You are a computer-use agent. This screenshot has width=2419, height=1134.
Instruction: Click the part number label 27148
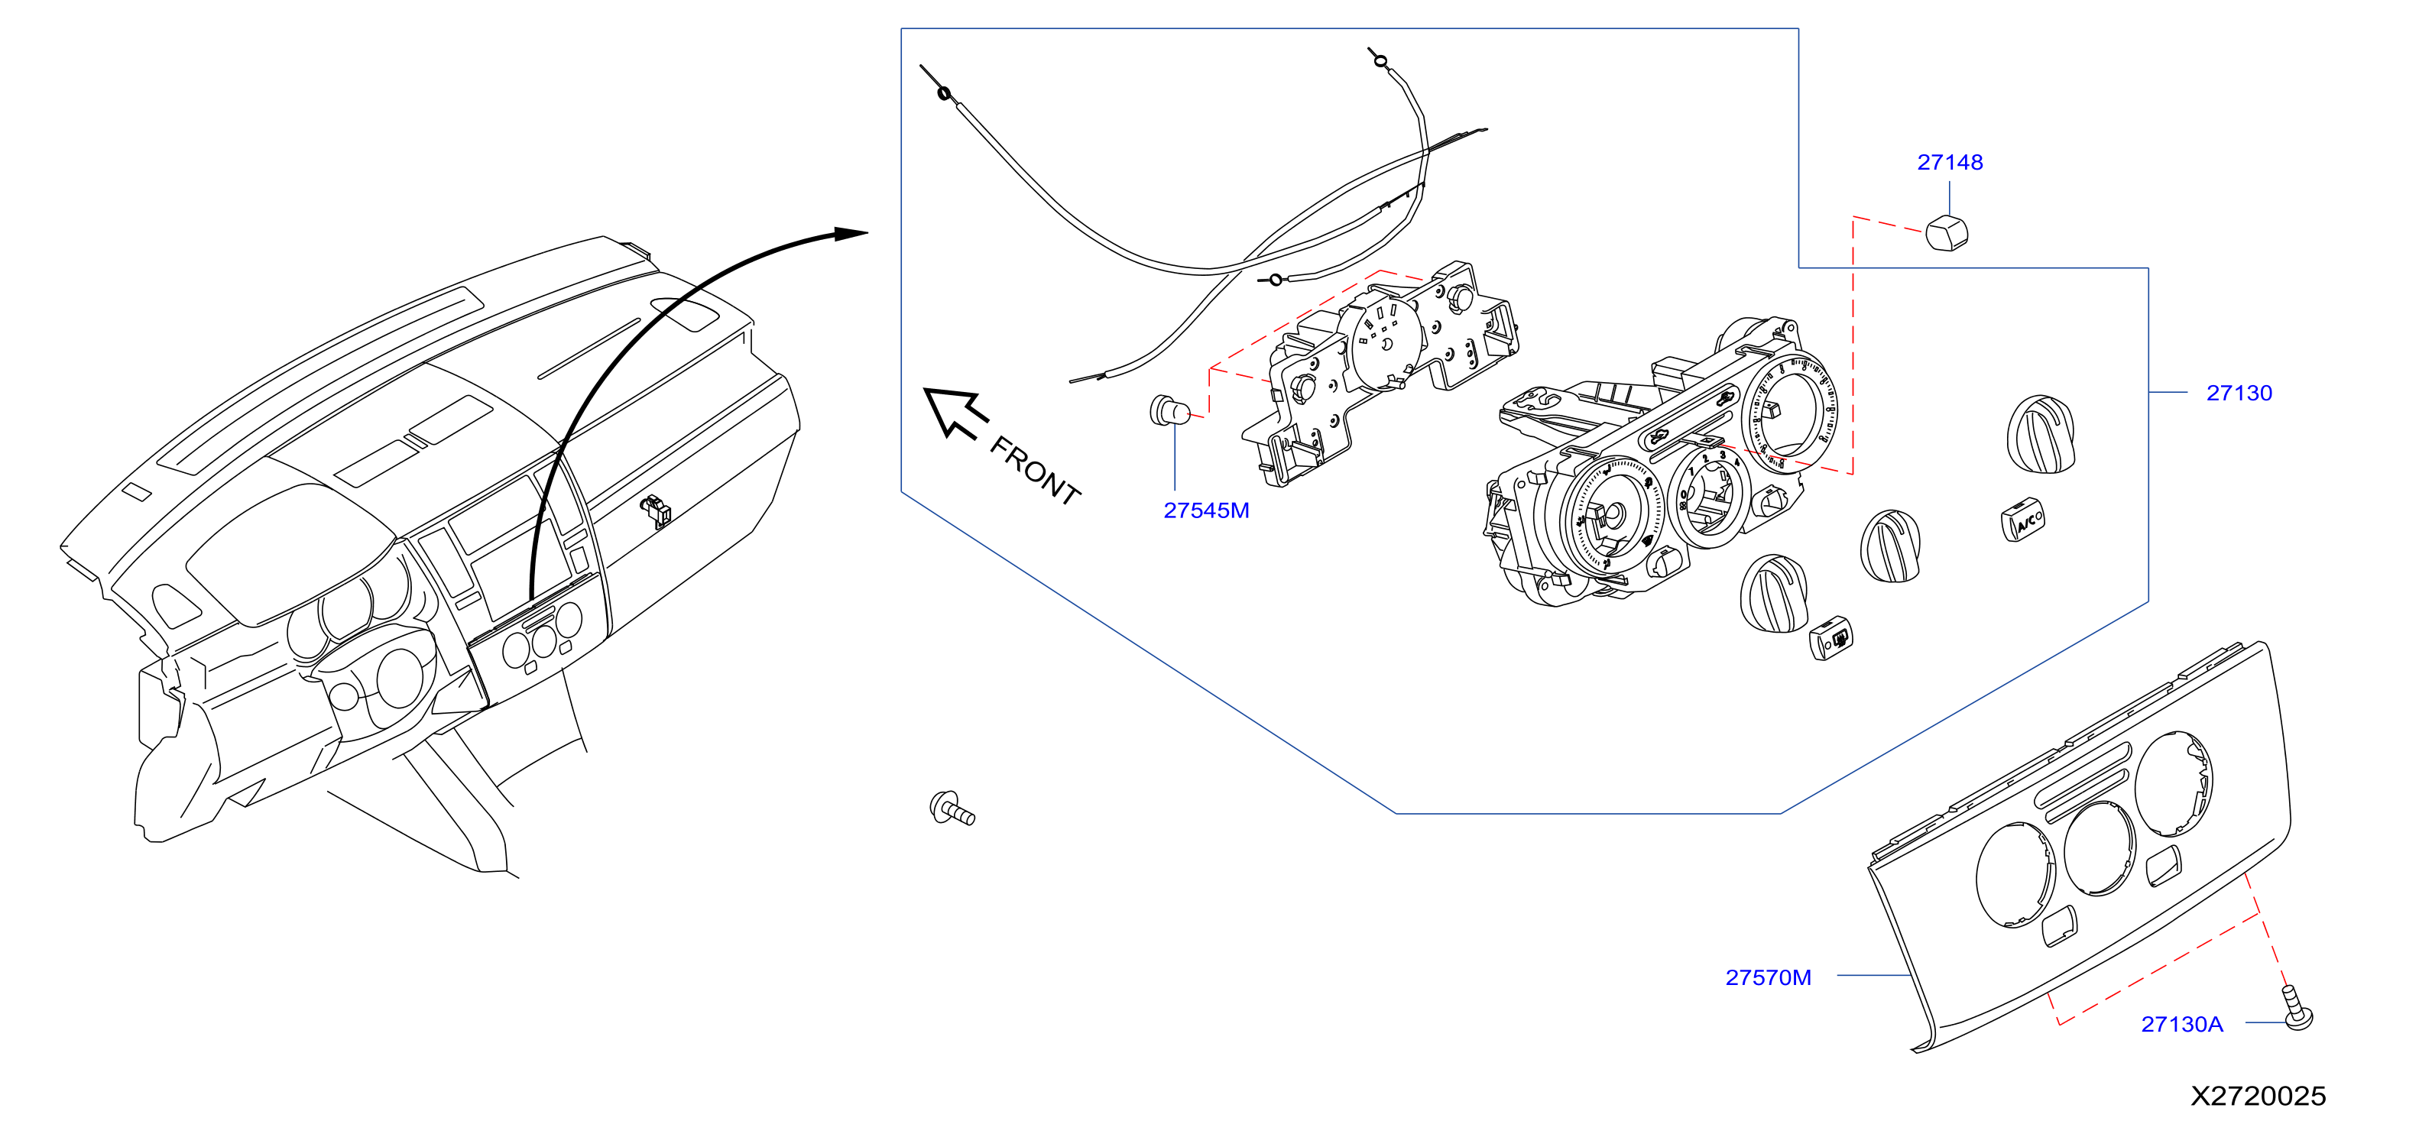coord(1950,163)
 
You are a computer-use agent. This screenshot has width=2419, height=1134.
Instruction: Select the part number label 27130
coord(2239,394)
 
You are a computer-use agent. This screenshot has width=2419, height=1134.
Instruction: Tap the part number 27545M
coord(1206,510)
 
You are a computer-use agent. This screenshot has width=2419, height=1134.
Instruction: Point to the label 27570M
coord(1769,977)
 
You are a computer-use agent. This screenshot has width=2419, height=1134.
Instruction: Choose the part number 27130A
coord(2181,1024)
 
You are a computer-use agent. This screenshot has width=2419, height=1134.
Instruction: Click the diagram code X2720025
coord(2258,1096)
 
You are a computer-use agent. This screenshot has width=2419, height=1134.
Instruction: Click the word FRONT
coord(1035,470)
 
